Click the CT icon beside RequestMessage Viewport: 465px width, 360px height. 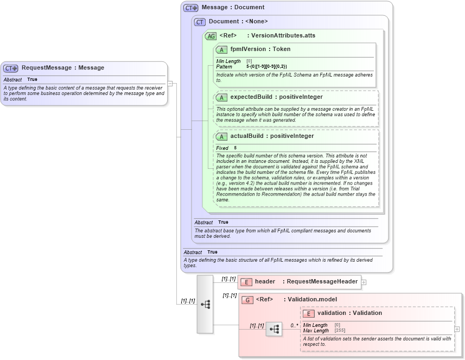[x=11, y=68]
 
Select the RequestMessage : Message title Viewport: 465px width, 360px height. [x=62, y=68]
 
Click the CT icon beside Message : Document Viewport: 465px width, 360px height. [x=191, y=8]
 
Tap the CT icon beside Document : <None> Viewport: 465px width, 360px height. [x=200, y=22]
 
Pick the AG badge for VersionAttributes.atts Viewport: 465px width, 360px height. [x=211, y=36]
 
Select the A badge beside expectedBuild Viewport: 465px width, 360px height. [x=221, y=97]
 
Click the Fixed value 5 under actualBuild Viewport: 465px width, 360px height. [x=235, y=148]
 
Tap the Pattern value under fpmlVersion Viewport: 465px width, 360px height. [x=266, y=66]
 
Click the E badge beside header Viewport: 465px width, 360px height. [x=246, y=282]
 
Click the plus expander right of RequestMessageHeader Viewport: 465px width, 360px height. [x=364, y=282]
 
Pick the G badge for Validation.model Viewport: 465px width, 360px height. [x=247, y=300]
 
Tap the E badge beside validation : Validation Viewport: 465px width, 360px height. [x=309, y=313]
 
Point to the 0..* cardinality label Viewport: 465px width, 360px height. [x=294, y=326]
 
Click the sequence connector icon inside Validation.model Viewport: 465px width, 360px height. [x=274, y=329]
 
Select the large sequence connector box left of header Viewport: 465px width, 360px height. [x=205, y=304]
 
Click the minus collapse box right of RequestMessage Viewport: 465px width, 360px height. [x=170, y=84]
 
